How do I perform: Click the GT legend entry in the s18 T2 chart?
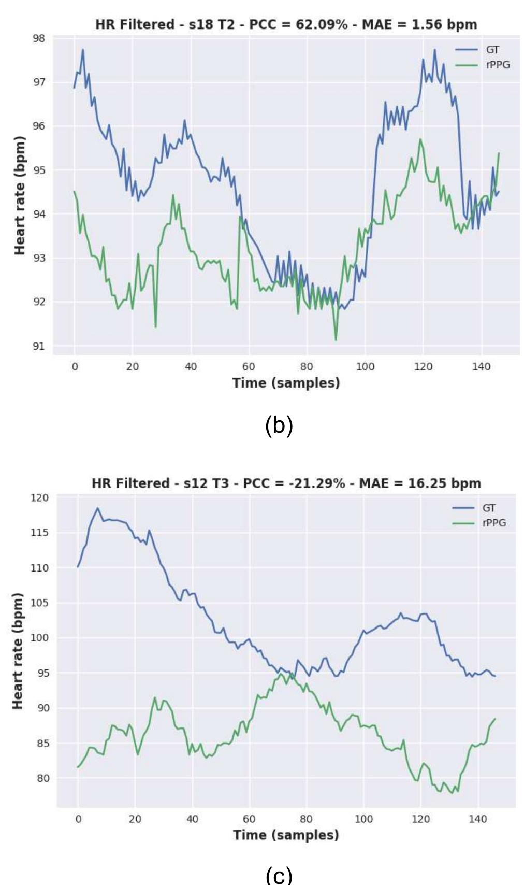[x=492, y=50]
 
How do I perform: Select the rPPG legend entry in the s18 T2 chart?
[x=498, y=65]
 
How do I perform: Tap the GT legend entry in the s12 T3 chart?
[x=488, y=508]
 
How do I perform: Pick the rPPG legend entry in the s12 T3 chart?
[x=494, y=523]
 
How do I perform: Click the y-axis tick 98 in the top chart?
[x=39, y=38]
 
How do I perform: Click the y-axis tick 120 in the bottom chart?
[x=40, y=497]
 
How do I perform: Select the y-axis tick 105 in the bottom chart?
[x=40, y=603]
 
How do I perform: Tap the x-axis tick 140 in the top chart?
[x=481, y=367]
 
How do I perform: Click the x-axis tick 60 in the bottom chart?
[x=249, y=819]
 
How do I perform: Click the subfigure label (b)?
[x=279, y=425]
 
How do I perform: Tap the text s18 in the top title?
[x=200, y=24]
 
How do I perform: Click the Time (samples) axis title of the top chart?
[x=286, y=383]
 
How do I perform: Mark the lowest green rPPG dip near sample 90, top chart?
[x=336, y=340]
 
